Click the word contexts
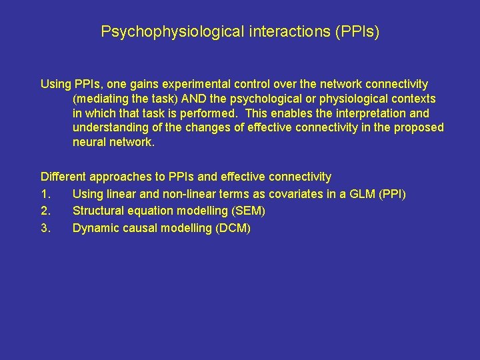tap(413, 99)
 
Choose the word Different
tap(65, 177)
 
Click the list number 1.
tap(44, 194)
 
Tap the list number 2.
tap(44, 211)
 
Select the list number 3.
tap(44, 229)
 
